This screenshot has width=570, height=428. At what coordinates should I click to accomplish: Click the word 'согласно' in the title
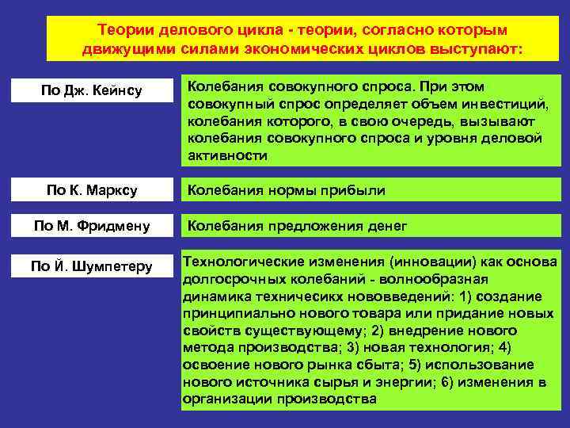(389, 29)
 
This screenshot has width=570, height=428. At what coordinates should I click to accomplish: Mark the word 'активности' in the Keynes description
(228, 155)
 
